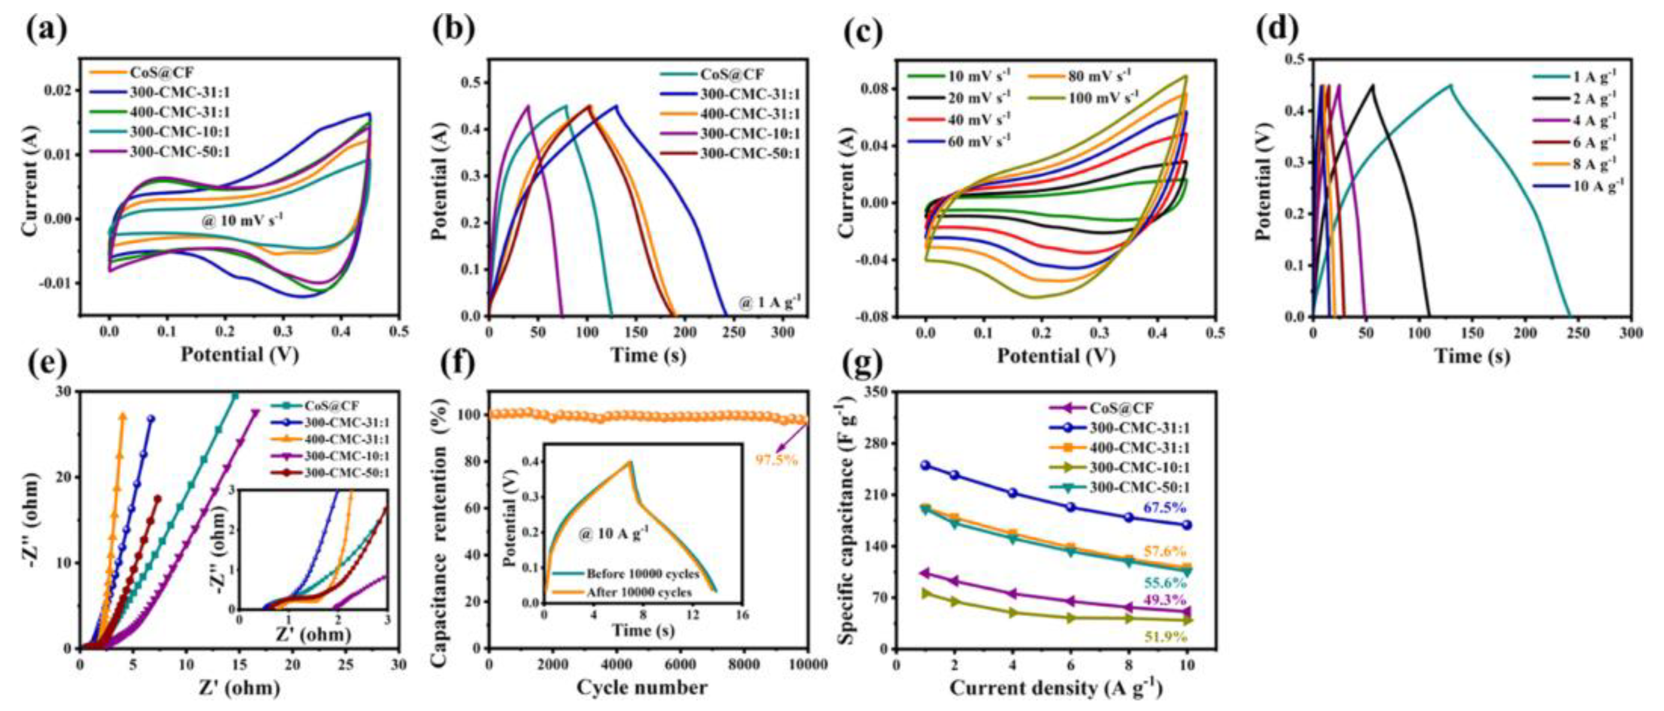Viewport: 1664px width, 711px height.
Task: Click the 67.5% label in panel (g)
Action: (1165, 508)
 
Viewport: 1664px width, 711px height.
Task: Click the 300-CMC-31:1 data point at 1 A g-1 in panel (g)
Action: (925, 465)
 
